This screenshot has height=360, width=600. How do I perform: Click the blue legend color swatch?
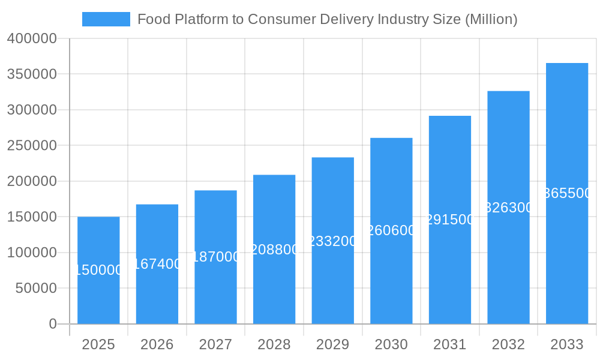tap(106, 19)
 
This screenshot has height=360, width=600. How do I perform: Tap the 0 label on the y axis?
tap(52, 324)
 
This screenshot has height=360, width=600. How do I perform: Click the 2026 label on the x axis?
tap(157, 344)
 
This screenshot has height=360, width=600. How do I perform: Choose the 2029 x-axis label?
tap(332, 344)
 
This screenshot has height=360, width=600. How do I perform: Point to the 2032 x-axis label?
tap(508, 344)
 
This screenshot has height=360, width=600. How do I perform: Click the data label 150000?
tap(98, 271)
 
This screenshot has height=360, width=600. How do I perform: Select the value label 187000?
tap(215, 257)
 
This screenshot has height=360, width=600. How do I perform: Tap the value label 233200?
tap(332, 241)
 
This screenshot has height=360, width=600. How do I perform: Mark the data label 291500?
tap(450, 220)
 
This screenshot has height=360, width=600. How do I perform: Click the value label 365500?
tap(567, 193)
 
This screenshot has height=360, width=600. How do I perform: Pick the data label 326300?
tap(508, 208)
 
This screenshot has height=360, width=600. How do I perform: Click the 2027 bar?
tap(215, 288)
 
